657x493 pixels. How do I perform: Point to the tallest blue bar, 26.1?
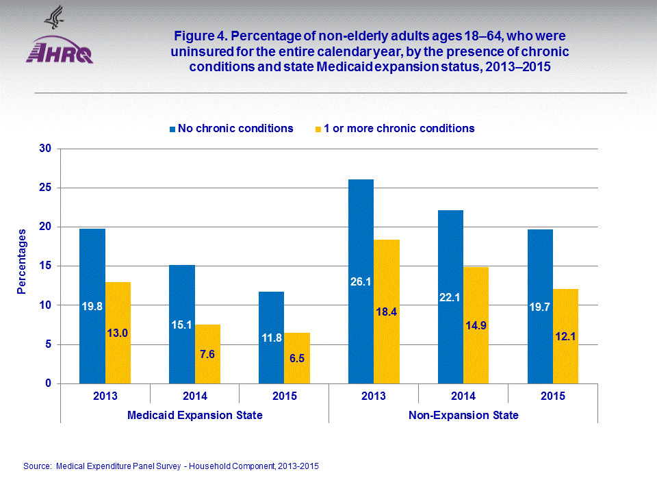[x=361, y=281]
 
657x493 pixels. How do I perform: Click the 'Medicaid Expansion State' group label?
[x=195, y=415]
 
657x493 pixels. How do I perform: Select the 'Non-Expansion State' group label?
[x=463, y=415]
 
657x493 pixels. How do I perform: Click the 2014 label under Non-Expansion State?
[x=463, y=396]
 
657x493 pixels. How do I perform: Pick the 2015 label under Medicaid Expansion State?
[x=284, y=396]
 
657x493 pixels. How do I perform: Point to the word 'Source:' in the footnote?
[x=38, y=466]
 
